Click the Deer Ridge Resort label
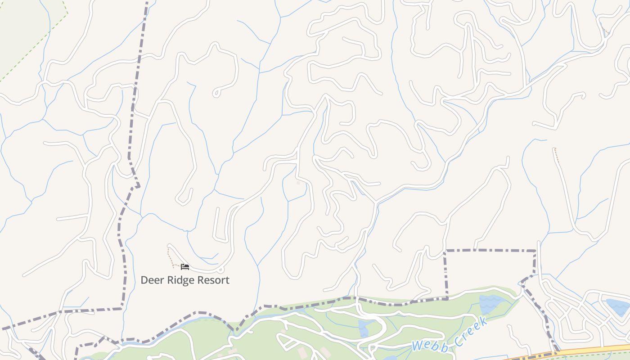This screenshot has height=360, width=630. [185, 280]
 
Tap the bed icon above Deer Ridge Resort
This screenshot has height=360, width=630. [185, 267]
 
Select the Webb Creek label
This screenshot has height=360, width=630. [450, 334]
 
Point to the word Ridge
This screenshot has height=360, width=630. [178, 280]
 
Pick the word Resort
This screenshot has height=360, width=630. [213, 280]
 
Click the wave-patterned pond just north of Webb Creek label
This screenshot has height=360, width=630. [492, 304]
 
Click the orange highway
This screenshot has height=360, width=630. [585, 351]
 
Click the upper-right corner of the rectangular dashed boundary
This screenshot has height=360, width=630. [535, 250]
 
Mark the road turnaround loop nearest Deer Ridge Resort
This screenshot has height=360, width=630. [220, 270]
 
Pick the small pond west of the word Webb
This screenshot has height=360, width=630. [364, 329]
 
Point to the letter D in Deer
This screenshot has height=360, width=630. [144, 280]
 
